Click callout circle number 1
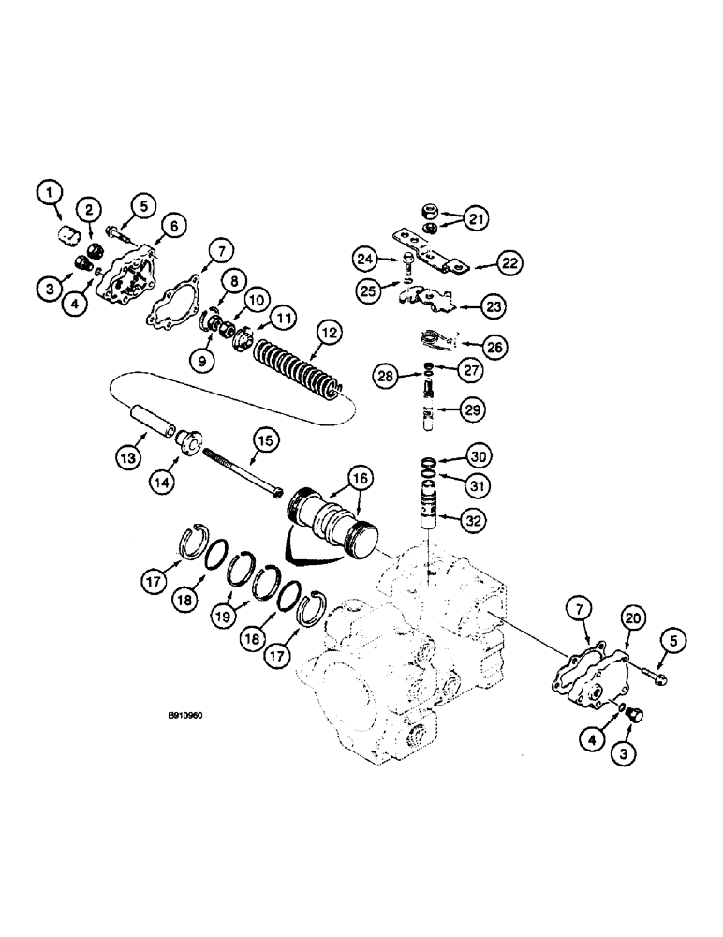(51, 195)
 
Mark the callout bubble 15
(264, 439)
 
